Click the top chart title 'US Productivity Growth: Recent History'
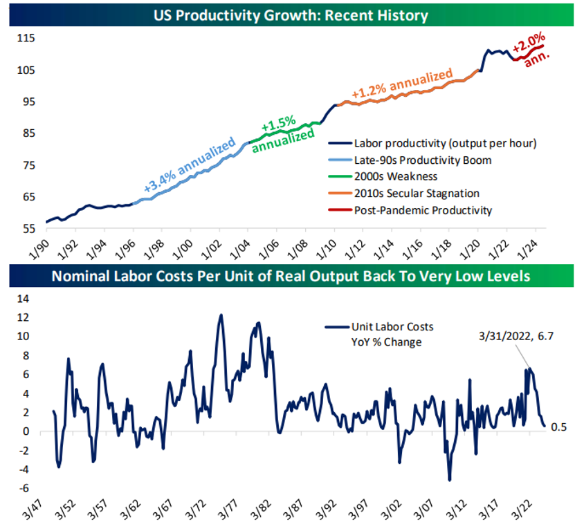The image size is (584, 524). click(291, 15)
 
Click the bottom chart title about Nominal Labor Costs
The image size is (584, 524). click(291, 276)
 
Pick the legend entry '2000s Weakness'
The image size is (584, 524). click(395, 177)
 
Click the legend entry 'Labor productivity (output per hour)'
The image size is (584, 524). click(445, 144)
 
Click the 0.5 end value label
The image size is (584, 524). click(558, 427)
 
